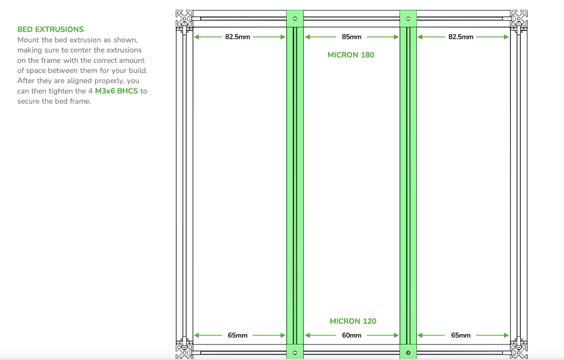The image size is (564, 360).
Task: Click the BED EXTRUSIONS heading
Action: click(x=50, y=30)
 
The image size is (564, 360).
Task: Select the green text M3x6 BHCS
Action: click(x=117, y=91)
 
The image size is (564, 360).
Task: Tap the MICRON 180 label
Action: click(x=351, y=55)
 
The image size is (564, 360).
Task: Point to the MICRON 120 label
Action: click(x=353, y=321)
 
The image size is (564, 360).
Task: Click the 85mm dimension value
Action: click(x=351, y=37)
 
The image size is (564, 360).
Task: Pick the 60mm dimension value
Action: click(x=351, y=336)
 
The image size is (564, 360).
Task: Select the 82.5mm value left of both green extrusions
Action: click(x=237, y=37)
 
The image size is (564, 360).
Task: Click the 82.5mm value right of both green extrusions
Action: click(x=461, y=37)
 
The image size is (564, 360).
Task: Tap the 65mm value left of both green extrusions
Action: click(x=237, y=336)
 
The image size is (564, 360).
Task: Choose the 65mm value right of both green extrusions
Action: click(x=461, y=336)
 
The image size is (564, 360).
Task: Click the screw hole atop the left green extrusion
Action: click(x=295, y=19)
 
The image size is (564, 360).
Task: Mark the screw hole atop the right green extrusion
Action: click(x=408, y=19)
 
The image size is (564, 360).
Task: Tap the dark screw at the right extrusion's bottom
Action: click(x=408, y=352)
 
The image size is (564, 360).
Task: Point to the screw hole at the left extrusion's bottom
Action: click(x=295, y=352)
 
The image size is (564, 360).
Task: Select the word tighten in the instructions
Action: click(x=62, y=91)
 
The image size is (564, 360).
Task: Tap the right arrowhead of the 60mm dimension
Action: click(x=396, y=336)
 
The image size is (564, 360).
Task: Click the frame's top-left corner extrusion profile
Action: click(x=184, y=18)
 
